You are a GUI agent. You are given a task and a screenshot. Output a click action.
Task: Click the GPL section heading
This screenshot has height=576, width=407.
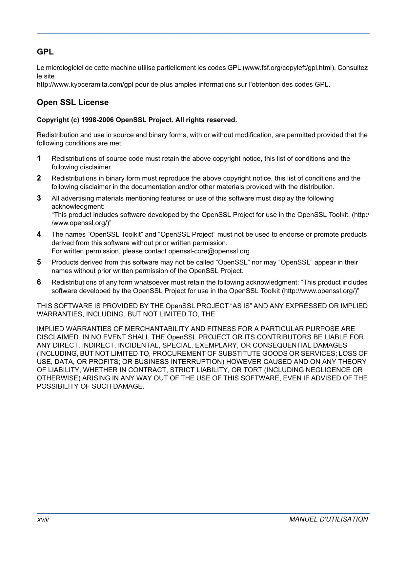tap(45, 52)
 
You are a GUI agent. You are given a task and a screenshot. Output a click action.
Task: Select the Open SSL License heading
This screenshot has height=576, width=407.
tap(72, 102)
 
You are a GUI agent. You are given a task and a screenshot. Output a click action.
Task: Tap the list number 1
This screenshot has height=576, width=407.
tap(39, 159)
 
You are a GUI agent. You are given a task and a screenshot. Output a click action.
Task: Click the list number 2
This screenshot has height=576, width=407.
tap(39, 178)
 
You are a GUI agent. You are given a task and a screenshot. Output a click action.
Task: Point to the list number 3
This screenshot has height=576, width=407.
tap(39, 198)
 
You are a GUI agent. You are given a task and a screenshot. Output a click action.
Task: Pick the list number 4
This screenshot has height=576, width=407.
tap(39, 234)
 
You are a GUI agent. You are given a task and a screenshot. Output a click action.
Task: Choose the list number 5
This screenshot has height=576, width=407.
tap(39, 262)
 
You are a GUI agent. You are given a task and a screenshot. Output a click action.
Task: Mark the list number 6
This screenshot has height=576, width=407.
tap(39, 282)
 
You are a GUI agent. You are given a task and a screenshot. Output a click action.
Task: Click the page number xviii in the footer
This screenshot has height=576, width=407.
tap(43, 519)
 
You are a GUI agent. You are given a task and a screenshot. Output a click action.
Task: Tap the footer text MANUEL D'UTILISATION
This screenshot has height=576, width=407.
tap(329, 519)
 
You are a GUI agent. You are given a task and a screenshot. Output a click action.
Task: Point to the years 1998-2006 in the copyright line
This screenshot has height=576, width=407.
tap(97, 120)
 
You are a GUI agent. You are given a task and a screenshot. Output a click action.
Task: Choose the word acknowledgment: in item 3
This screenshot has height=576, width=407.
tap(78, 206)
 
